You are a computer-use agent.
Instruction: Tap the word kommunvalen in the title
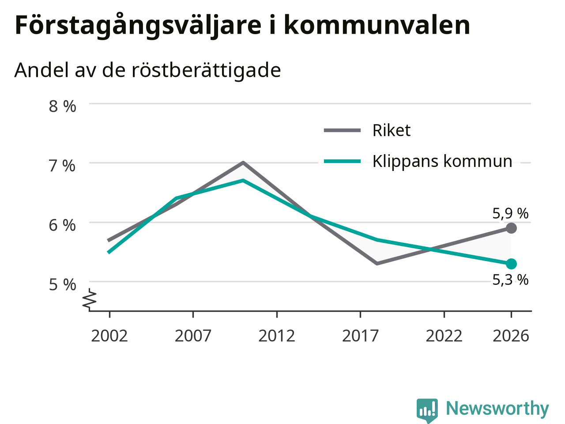[377, 25]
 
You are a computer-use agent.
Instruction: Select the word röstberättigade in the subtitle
[206, 70]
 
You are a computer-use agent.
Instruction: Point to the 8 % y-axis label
[63, 106]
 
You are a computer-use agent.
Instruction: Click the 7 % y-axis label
[62, 166]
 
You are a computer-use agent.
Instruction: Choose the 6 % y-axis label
[62, 225]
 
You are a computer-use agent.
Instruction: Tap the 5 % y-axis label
[63, 285]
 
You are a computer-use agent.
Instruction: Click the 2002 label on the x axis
[109, 336]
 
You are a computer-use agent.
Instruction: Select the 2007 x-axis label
[193, 336]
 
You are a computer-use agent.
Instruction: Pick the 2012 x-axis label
[277, 336]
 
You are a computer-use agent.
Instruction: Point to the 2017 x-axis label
[360, 336]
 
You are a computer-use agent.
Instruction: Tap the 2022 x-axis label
[444, 336]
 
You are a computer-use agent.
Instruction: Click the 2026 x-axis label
[511, 336]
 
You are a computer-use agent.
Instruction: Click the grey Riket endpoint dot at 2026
[511, 228]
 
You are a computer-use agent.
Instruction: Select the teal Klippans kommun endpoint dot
[511, 264]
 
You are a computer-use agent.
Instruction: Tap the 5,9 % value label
[510, 213]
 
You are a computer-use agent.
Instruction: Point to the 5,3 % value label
[510, 280]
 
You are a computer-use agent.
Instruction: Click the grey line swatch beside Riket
[342, 130]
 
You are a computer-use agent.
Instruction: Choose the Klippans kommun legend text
[442, 161]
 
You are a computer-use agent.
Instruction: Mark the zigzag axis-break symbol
[89, 299]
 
